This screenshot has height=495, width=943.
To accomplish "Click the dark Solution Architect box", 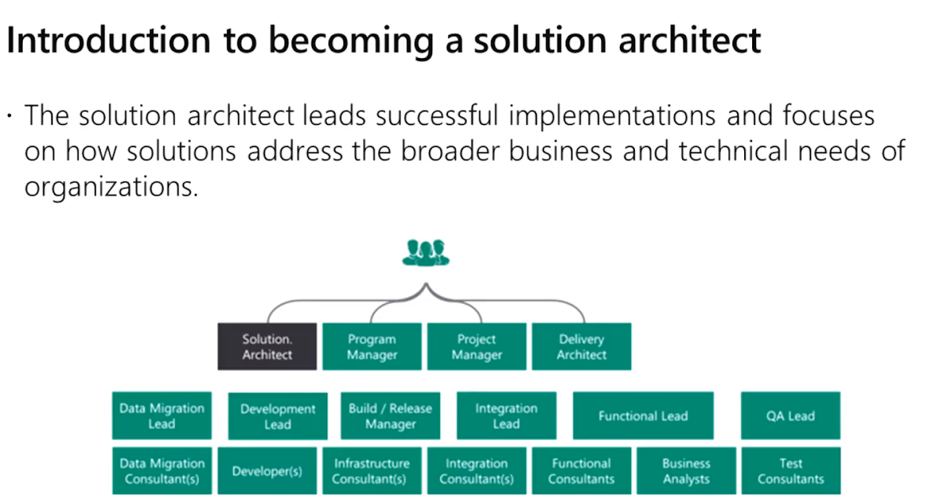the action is pos(267,346).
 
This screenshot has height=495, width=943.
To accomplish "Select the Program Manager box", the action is pos(372,346).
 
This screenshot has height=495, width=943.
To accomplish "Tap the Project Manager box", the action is pos(476,346).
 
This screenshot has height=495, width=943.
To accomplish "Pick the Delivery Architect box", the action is pos(582,346).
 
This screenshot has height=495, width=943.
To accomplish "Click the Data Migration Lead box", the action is pos(162,416).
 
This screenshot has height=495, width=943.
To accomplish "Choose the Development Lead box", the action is pos(278,416).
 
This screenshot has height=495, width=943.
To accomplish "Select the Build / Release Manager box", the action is pos(391,416).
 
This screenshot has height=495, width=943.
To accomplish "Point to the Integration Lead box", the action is pos(506,416).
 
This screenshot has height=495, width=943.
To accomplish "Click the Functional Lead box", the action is pos(644,416).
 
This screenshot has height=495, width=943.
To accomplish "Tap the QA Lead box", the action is pos(791,416).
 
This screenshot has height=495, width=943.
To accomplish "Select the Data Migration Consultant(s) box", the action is pos(162,471).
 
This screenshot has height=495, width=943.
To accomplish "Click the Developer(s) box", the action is pos(267,471).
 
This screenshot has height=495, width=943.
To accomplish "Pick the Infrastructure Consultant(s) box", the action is pos(372,471).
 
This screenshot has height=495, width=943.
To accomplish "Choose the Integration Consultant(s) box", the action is pos(476,471).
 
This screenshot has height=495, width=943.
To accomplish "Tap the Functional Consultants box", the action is pos(582,471).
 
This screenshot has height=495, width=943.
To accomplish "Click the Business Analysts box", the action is pos(686,471).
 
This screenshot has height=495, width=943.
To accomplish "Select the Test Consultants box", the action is pos(791,471).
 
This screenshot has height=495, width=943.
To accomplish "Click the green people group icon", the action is pos(426,253).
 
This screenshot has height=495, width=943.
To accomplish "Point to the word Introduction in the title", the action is pos(108,40).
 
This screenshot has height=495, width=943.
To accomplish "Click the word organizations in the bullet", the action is pos(111,187).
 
